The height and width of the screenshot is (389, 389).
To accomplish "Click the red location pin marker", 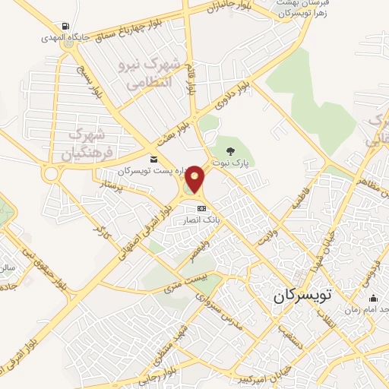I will [x=196, y=179].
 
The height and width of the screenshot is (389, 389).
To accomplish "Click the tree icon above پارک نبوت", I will [x=232, y=149].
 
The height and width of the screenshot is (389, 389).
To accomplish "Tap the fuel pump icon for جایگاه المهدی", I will [x=70, y=25].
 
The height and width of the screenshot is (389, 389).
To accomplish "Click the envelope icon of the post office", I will [x=154, y=160].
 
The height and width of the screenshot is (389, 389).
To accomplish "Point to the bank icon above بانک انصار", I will [x=201, y=208].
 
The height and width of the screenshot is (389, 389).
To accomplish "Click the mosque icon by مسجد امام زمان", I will [x=372, y=297].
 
